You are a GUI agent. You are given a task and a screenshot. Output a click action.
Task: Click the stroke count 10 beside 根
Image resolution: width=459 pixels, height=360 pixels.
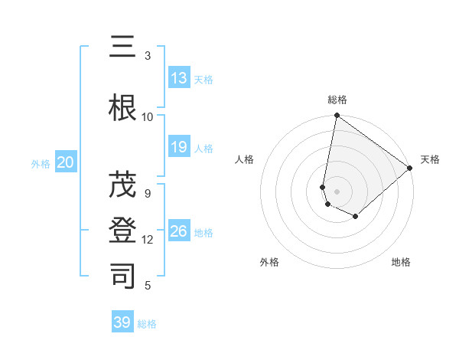click(148, 116)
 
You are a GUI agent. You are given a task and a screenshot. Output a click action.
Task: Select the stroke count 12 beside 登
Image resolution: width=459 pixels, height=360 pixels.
click(148, 240)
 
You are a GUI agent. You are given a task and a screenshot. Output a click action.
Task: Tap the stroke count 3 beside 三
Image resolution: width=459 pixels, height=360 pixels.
click(148, 55)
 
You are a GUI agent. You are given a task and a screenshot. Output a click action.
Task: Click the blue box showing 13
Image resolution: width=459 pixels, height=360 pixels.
click(179, 78)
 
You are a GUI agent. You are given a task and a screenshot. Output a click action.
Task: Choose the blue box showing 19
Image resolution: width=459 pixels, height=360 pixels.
click(179, 147)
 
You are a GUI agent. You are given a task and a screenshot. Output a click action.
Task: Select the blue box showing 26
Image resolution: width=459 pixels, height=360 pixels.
click(179, 231)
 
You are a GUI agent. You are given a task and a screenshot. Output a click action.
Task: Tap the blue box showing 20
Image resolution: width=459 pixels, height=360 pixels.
click(66, 162)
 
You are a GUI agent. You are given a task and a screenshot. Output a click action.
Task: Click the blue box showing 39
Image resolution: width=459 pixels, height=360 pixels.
click(122, 322)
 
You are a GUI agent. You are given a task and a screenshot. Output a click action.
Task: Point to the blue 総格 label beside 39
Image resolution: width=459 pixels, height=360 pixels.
click(148, 324)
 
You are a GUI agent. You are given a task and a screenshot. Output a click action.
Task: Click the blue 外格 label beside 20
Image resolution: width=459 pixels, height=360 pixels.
click(41, 163)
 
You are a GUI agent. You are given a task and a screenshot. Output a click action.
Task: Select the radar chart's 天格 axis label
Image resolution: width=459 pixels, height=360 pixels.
click(430, 159)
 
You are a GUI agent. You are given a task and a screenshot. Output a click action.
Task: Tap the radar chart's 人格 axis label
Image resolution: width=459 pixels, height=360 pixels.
click(244, 159)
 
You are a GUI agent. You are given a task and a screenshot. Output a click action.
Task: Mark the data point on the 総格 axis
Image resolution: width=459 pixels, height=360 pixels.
click(337, 116)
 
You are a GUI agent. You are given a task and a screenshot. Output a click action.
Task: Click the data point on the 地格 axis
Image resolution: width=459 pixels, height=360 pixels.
click(356, 217)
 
